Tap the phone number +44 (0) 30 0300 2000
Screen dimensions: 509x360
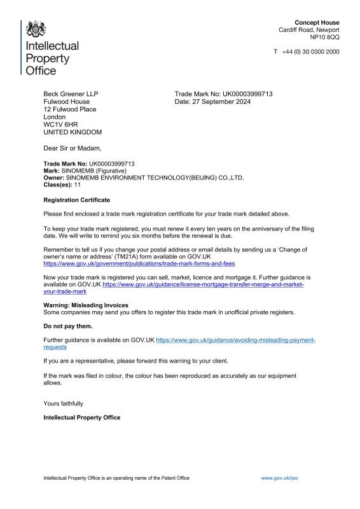(310, 52)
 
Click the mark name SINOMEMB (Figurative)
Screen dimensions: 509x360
(95, 171)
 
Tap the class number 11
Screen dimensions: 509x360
(77, 185)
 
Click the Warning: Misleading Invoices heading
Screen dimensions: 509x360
(86, 305)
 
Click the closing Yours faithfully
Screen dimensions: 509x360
(63, 403)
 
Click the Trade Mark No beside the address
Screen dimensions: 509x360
(223, 94)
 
